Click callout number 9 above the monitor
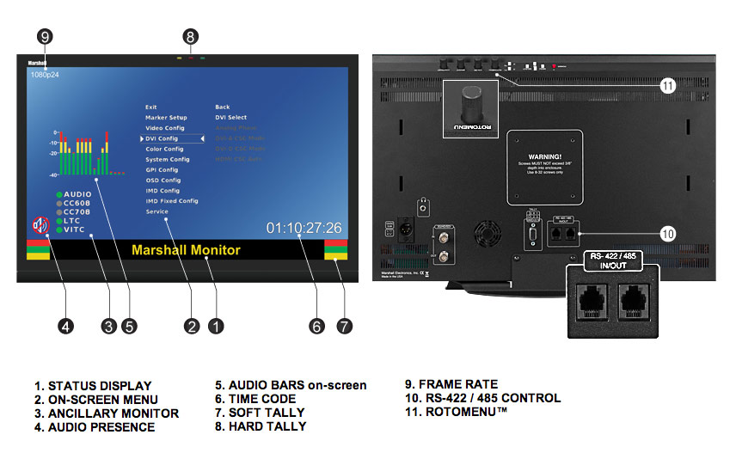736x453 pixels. [46, 36]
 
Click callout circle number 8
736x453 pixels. [191, 36]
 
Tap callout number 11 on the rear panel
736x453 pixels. [669, 84]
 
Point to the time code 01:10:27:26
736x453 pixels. [304, 228]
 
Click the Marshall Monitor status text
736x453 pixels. [186, 250]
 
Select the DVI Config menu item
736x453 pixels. [162, 138]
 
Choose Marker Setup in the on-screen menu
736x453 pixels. [166, 117]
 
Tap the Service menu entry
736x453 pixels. [156, 211]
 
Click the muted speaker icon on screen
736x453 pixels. [40, 226]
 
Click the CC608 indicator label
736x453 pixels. [79, 203]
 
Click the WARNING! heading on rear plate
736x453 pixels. [543, 157]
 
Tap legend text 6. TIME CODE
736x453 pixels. [255, 399]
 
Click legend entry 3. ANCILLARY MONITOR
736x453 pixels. [107, 413]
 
